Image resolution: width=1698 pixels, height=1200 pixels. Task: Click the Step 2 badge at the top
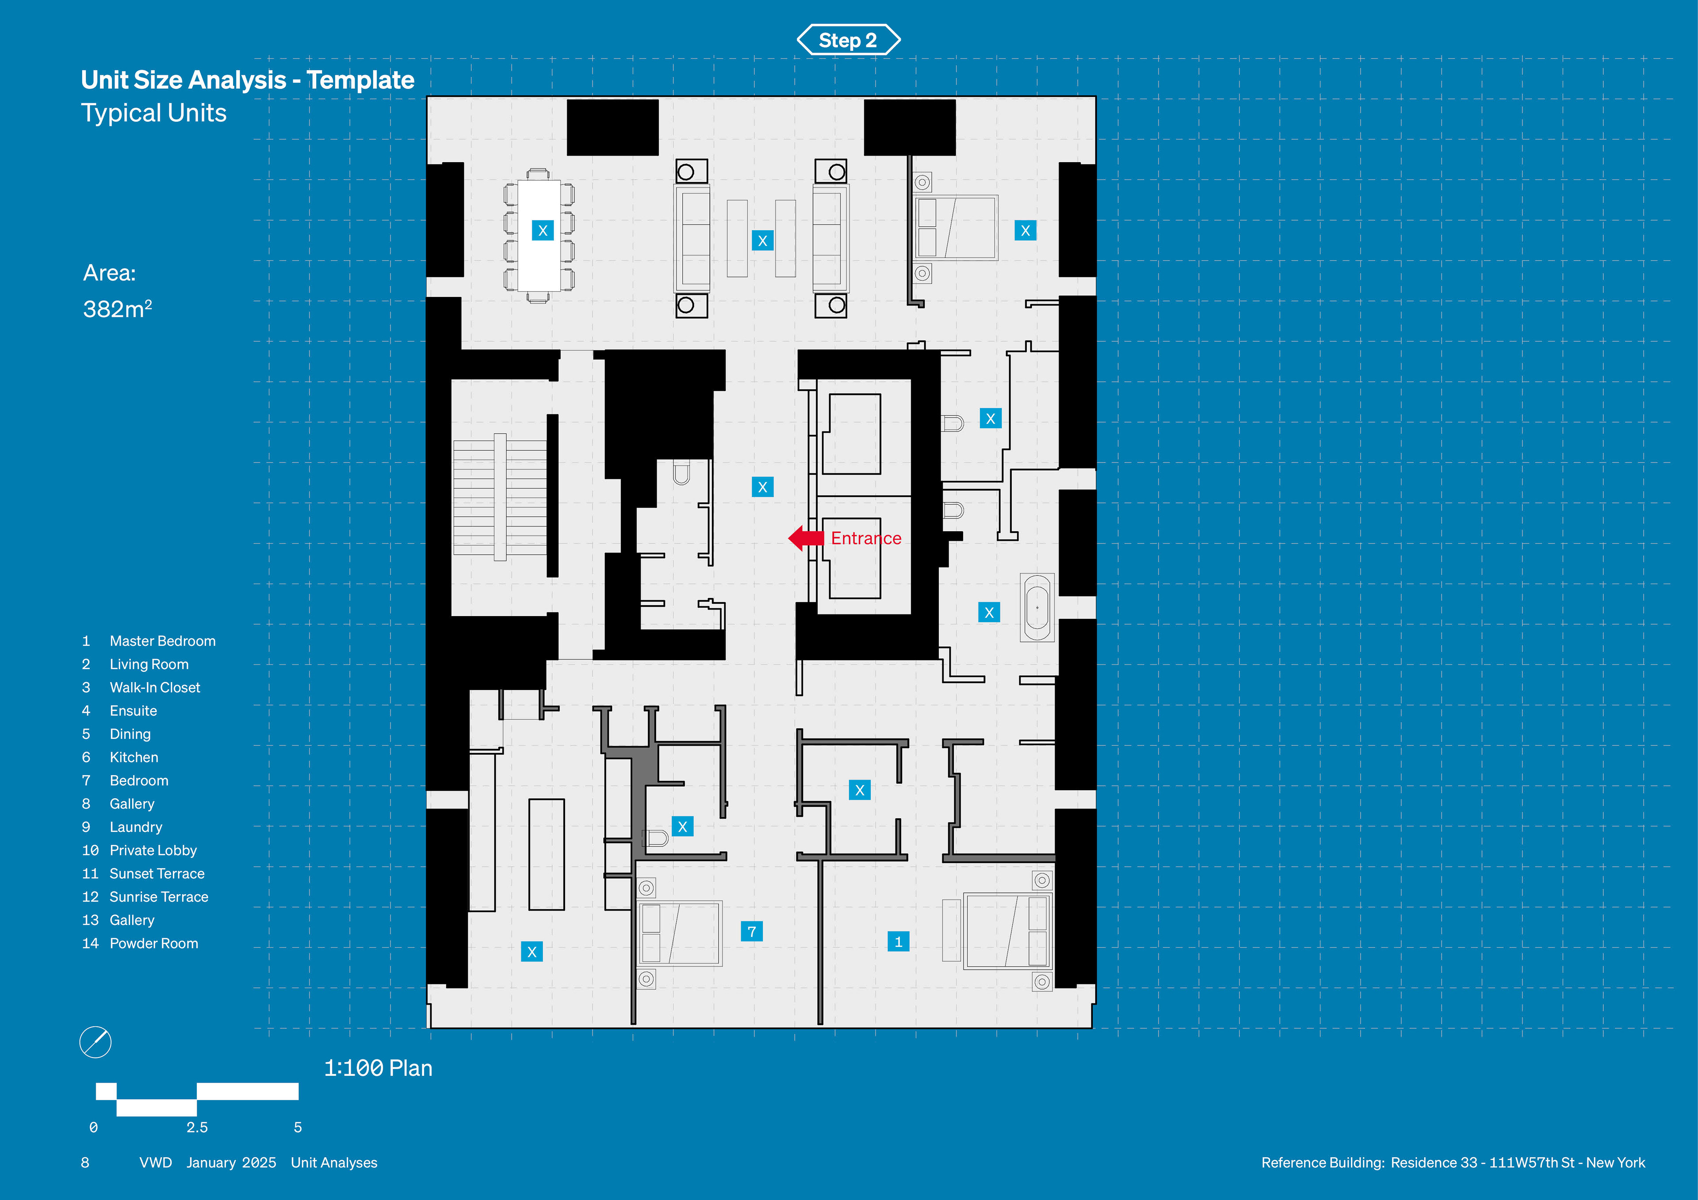click(x=848, y=40)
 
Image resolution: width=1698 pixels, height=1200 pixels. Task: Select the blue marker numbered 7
click(x=751, y=932)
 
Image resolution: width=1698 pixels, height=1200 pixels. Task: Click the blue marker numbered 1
click(x=898, y=941)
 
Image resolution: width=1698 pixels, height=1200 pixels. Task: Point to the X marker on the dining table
click(x=542, y=230)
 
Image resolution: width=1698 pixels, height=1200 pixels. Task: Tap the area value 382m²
click(x=117, y=309)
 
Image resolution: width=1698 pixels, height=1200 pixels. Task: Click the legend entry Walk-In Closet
click(x=155, y=688)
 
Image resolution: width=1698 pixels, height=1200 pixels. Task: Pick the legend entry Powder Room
click(x=154, y=944)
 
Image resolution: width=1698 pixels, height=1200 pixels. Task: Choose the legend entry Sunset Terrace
click(x=157, y=874)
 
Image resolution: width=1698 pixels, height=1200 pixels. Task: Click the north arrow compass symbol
click(x=96, y=1043)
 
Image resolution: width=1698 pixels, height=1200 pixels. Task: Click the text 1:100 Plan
click(x=378, y=1068)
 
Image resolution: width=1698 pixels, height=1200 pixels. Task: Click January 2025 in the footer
click(x=231, y=1162)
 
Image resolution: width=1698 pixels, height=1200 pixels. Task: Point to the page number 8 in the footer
click(x=85, y=1162)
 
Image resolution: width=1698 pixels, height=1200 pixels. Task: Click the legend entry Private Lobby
click(x=153, y=850)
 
